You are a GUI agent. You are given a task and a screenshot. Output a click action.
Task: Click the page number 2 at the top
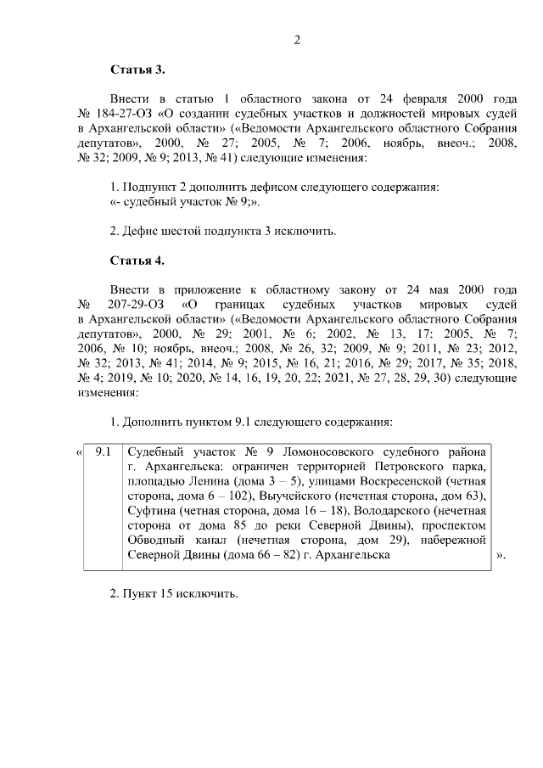click(297, 39)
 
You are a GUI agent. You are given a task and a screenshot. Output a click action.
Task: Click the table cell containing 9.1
click(104, 451)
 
